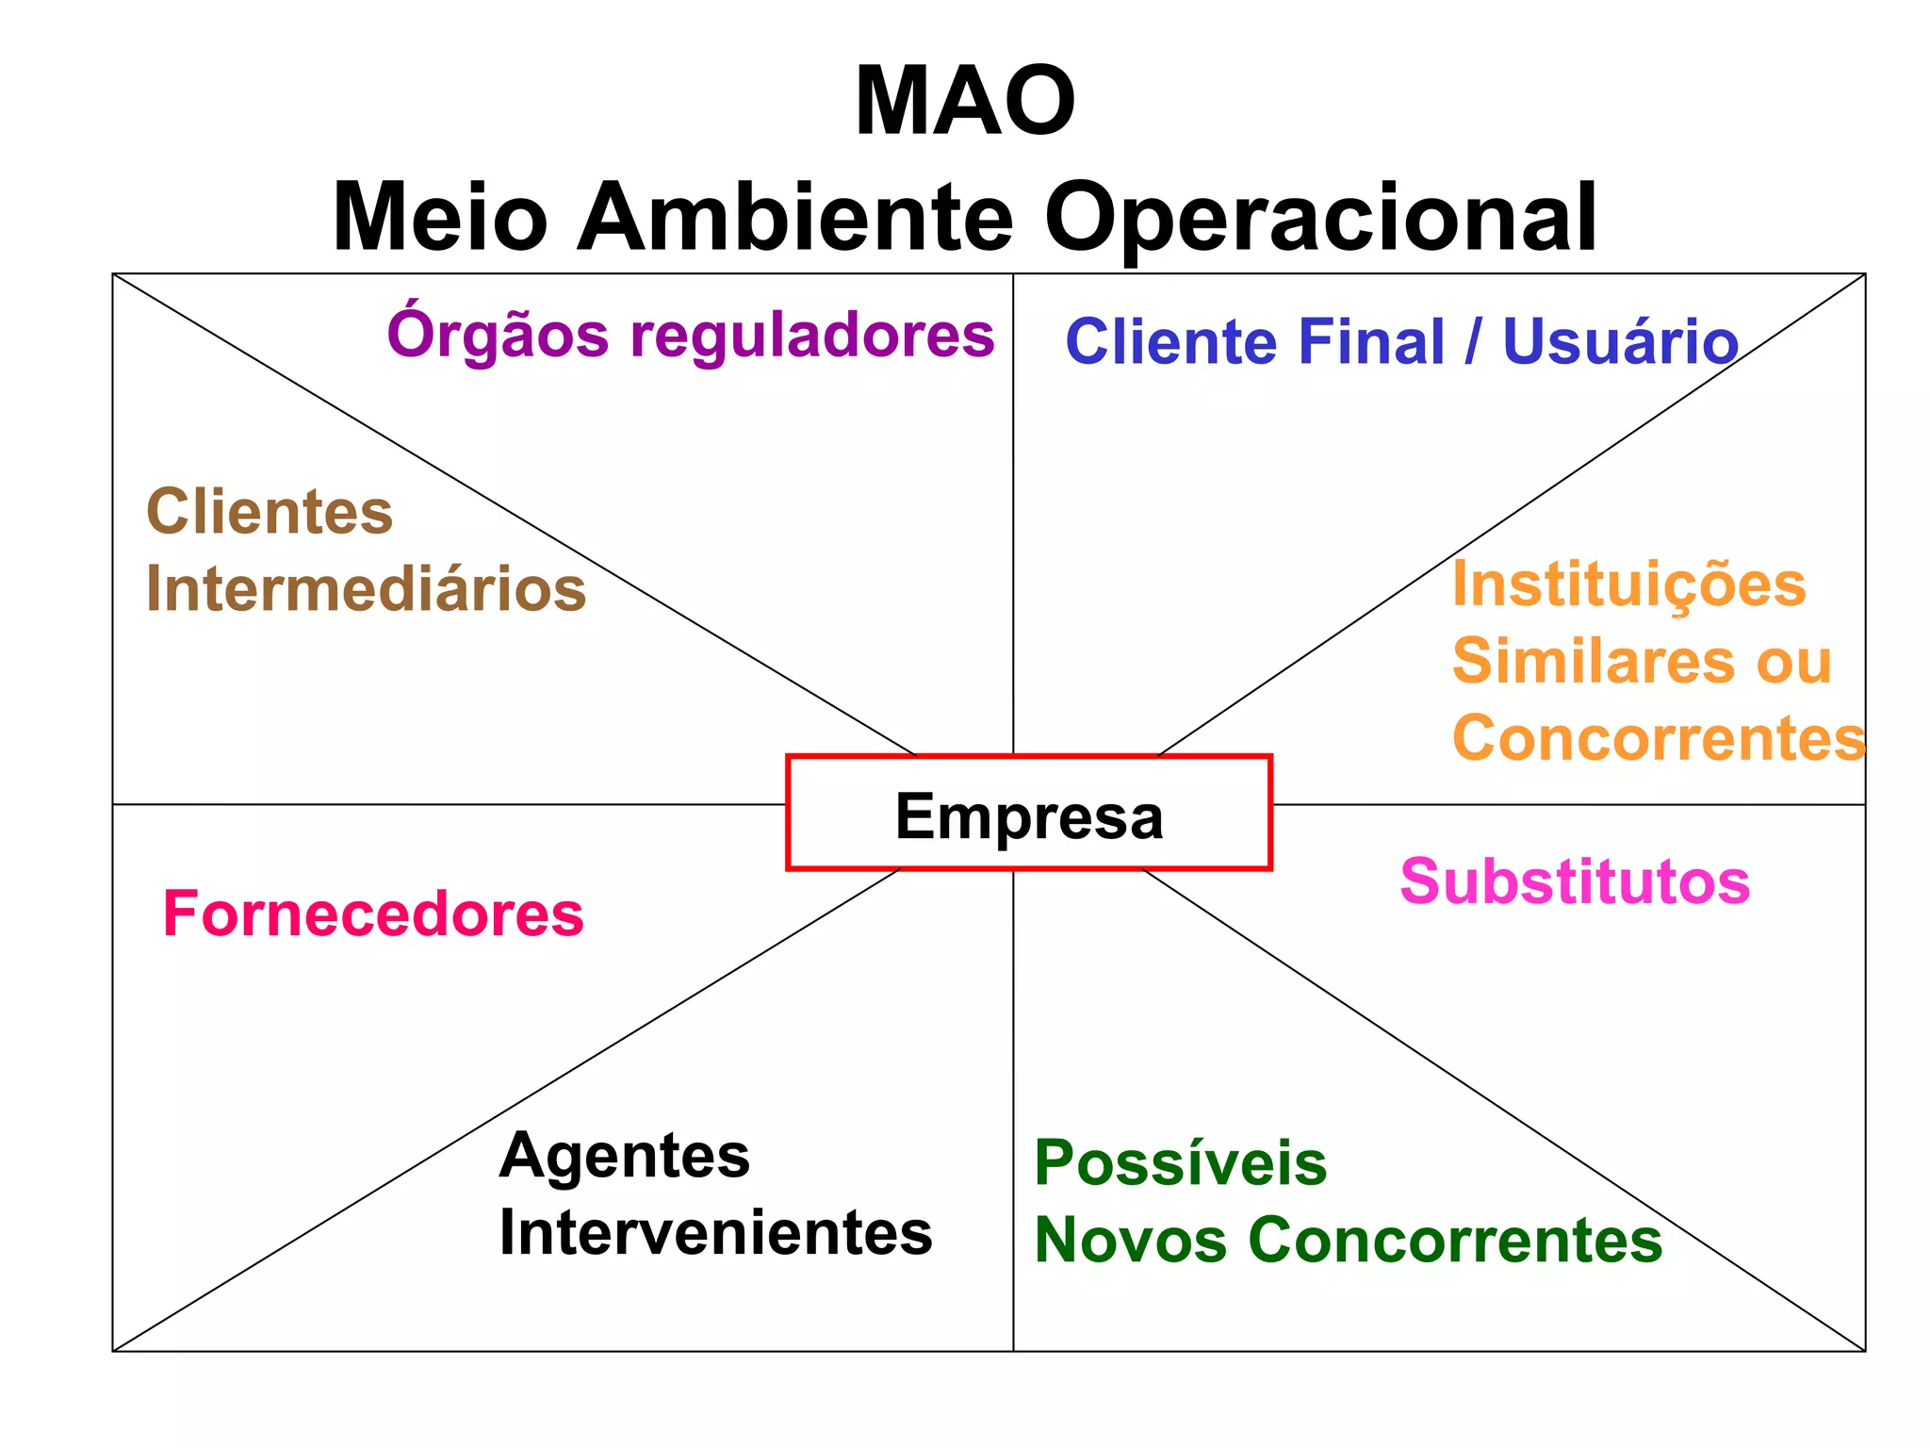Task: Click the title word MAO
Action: click(965, 102)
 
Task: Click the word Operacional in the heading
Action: click(1320, 220)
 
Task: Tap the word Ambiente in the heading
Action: click(795, 218)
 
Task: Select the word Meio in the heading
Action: click(440, 218)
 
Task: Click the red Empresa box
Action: click(1028, 814)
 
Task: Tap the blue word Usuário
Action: click(1620, 341)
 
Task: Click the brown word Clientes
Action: click(270, 512)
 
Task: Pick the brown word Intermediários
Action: click(366, 589)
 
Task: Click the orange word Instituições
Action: click(1628, 584)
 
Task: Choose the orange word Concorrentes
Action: click(1659, 737)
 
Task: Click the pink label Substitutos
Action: click(1575, 882)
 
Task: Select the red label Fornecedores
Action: click(373, 914)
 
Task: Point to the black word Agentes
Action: click(625, 1156)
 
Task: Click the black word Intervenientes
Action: click(715, 1233)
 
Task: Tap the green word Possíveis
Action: click(1181, 1163)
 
